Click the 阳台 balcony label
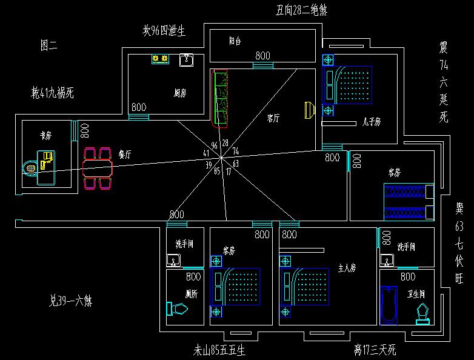click(x=235, y=42)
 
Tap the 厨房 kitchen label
click(x=179, y=93)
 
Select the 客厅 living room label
click(x=273, y=119)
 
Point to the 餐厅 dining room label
click(x=125, y=155)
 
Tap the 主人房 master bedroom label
click(x=346, y=267)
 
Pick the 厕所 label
click(x=193, y=293)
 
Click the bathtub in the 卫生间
click(x=388, y=307)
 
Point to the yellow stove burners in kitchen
click(x=160, y=59)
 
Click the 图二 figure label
click(x=48, y=44)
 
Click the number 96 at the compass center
click(x=214, y=145)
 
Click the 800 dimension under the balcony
click(x=262, y=56)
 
